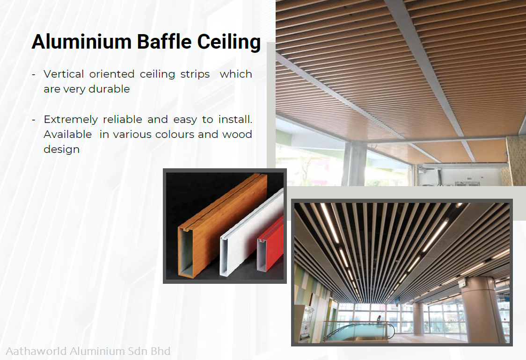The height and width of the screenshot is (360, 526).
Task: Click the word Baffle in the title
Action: click(x=164, y=42)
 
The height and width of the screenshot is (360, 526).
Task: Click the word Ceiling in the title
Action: click(x=229, y=42)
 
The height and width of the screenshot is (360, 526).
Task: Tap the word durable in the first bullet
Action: click(x=109, y=89)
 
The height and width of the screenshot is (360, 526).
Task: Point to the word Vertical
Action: click(x=64, y=74)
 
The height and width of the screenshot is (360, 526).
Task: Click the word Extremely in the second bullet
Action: click(x=71, y=120)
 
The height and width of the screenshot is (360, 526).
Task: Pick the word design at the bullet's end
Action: click(x=62, y=150)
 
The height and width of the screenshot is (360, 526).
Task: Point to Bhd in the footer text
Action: click(x=161, y=351)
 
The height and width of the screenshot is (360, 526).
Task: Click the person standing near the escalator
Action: click(x=379, y=321)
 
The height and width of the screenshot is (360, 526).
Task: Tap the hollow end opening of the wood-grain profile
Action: click(x=187, y=252)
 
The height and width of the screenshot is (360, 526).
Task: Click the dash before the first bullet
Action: click(x=34, y=74)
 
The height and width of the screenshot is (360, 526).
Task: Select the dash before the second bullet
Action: click(x=34, y=120)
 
